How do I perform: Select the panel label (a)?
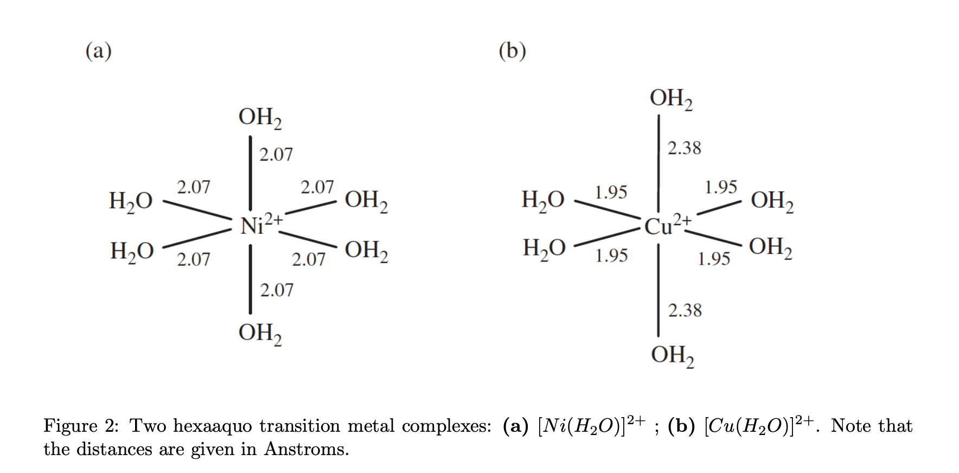coord(99,50)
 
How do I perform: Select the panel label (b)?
coord(512,50)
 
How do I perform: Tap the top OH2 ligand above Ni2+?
coord(260,118)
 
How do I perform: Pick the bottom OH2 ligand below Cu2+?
coord(673,356)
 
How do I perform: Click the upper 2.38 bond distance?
coord(684,148)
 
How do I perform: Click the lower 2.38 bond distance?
coord(685,310)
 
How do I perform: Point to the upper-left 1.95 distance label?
coord(611,192)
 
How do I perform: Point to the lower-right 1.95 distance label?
coord(714,259)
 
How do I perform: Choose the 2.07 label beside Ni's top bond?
coord(276,155)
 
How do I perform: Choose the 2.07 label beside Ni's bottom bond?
coord(277,290)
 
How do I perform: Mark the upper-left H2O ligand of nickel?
coord(131,201)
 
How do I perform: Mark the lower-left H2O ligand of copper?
coord(544,248)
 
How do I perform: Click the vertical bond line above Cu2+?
coord(658,163)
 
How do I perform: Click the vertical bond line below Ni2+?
coord(250,279)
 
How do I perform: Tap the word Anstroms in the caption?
coord(306,449)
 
